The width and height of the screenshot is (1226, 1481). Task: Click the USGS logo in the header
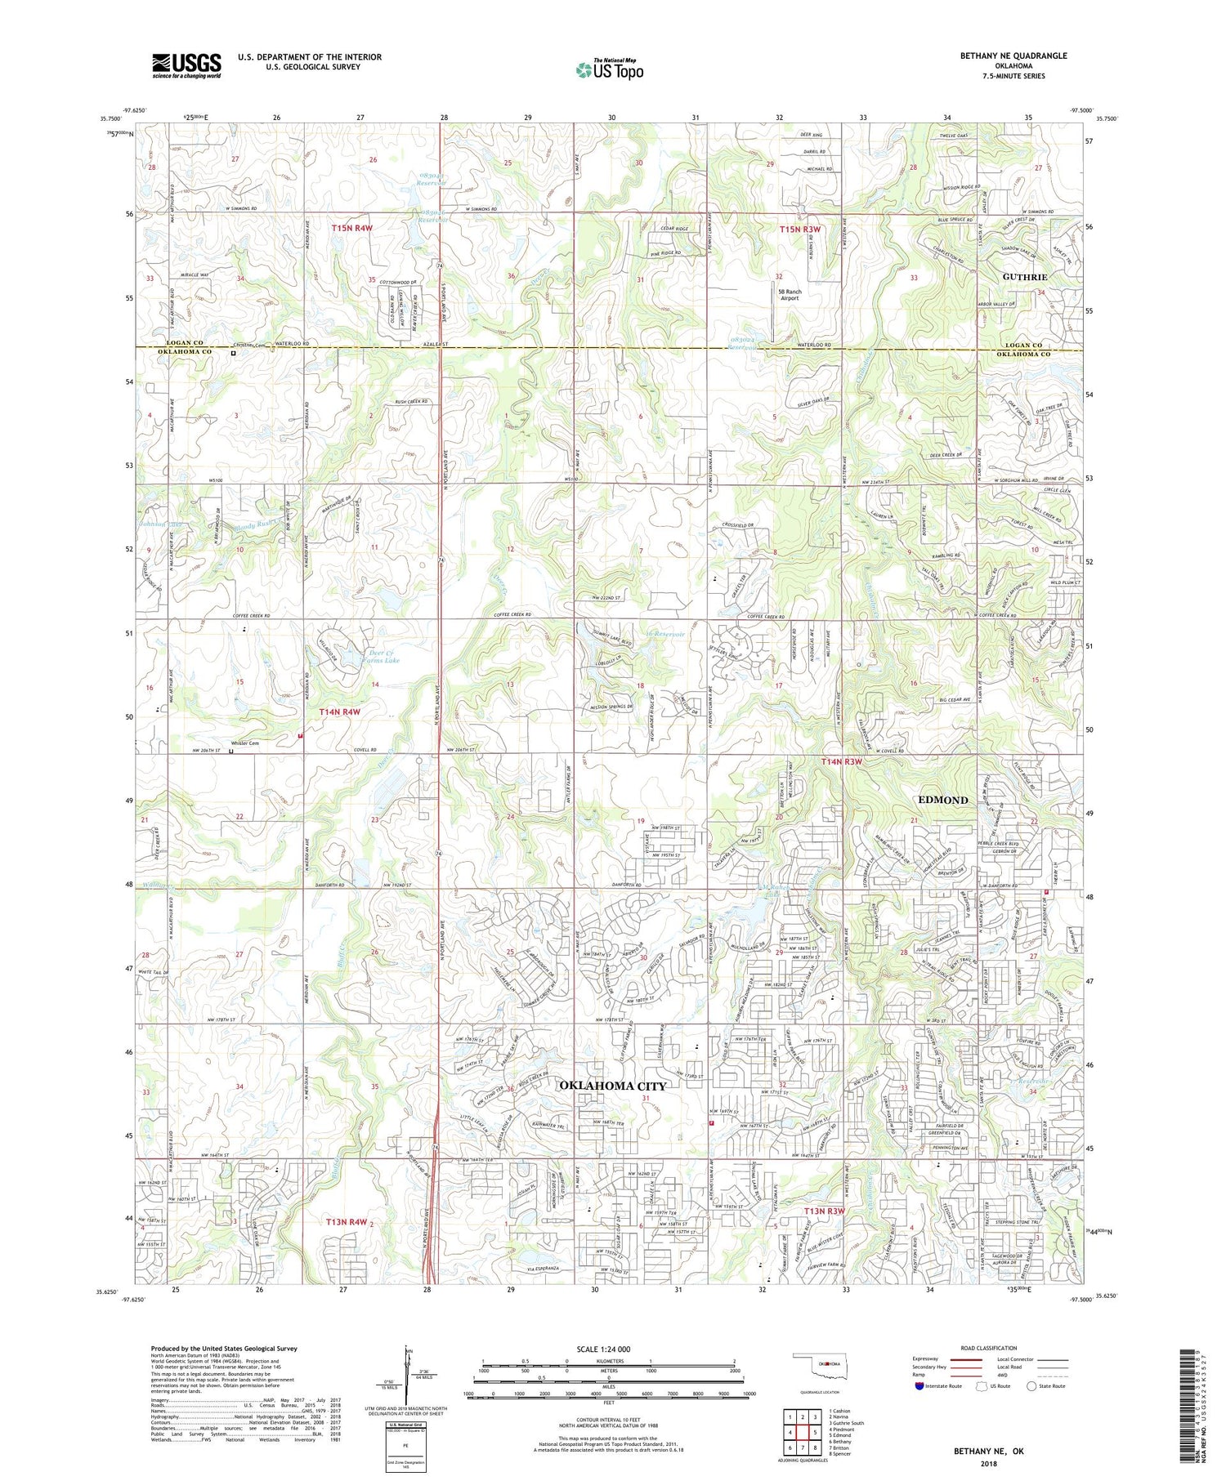(x=186, y=65)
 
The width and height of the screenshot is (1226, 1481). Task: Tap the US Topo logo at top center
(x=609, y=70)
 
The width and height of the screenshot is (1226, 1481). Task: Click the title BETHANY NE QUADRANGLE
(x=1013, y=56)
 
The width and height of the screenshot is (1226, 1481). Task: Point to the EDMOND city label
(x=943, y=800)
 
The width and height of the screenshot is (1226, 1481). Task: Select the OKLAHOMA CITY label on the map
(x=612, y=1086)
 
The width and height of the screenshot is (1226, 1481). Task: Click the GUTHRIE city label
(x=1025, y=277)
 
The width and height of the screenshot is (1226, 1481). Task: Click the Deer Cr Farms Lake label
(x=376, y=657)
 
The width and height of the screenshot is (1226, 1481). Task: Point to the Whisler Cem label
(x=244, y=743)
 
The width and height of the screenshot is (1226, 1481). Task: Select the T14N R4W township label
(x=340, y=712)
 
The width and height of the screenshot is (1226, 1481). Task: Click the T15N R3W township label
(x=799, y=230)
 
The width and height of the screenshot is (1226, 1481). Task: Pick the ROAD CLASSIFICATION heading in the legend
(x=989, y=1348)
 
